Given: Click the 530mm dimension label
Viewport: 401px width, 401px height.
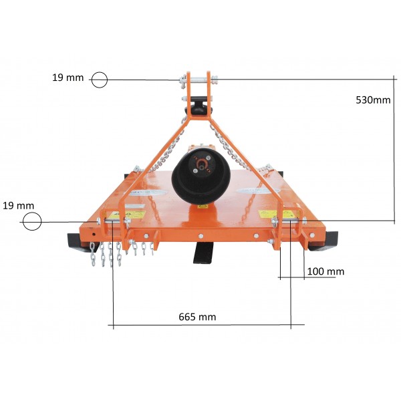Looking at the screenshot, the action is click(373, 100).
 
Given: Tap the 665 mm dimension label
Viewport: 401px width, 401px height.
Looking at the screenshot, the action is click(197, 317).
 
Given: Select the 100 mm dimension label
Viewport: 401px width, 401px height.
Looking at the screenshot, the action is click(325, 271).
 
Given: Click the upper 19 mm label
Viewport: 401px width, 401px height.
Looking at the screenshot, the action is click(68, 78).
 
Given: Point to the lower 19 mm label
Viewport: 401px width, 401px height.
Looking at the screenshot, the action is click(18, 206).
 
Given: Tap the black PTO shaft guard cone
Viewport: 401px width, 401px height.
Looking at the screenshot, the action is click(201, 175).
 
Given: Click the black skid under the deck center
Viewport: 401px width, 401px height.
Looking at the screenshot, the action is click(203, 252).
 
